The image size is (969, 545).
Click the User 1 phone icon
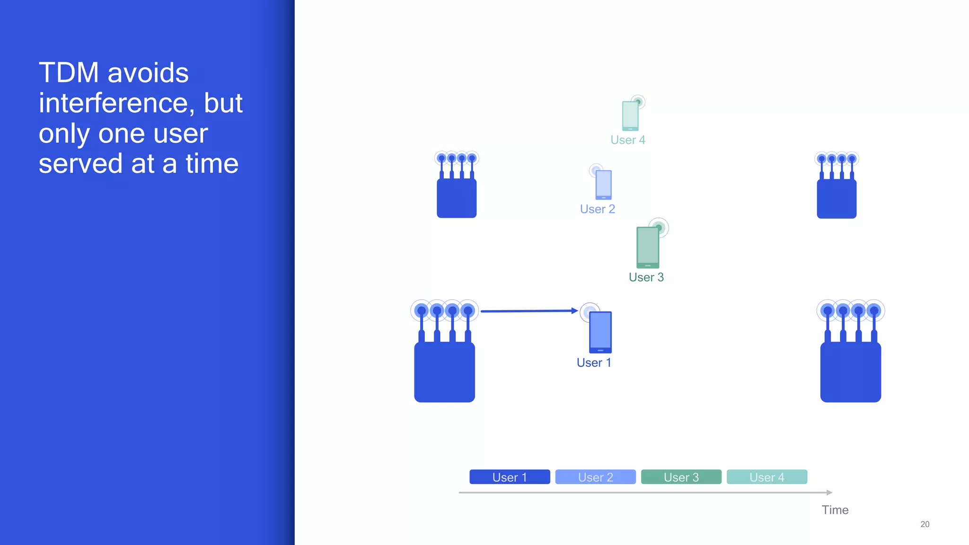tap(600, 332)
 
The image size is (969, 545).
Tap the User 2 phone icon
tap(603, 185)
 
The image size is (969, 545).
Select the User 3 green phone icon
tap(648, 247)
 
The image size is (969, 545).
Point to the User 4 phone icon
tap(630, 115)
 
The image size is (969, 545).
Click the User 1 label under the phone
tap(594, 363)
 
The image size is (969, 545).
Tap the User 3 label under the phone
tap(646, 277)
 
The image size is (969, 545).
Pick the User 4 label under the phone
tap(628, 140)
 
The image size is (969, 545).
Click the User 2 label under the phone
tap(598, 209)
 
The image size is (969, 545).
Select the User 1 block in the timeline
tap(510, 477)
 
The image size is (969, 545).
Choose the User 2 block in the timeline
tap(595, 477)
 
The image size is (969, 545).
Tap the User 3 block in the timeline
tap(681, 477)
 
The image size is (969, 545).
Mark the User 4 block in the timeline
tap(766, 477)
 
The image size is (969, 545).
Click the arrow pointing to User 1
tap(529, 311)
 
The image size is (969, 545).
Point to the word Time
tap(835, 510)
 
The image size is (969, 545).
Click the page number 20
tap(925, 524)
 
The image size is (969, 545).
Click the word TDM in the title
tap(69, 73)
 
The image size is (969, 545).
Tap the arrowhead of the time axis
tap(829, 492)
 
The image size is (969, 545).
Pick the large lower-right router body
tap(850, 372)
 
